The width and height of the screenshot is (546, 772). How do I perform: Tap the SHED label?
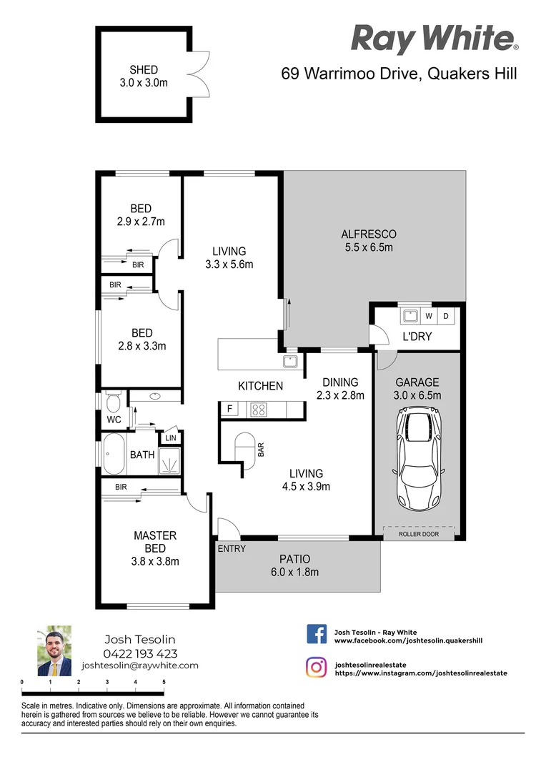tap(144, 70)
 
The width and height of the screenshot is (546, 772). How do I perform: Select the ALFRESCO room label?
tap(368, 234)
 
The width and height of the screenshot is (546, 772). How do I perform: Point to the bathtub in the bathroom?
tap(114, 454)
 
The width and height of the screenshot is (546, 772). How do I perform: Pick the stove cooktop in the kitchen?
tap(258, 410)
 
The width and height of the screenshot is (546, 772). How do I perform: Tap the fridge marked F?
tap(229, 410)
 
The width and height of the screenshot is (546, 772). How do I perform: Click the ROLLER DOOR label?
tap(418, 534)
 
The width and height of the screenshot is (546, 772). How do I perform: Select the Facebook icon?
tap(317, 634)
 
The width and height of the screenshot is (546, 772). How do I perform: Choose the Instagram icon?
tap(317, 668)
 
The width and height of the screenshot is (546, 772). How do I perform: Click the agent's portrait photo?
tap(54, 651)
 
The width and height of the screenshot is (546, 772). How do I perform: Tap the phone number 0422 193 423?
tap(140, 653)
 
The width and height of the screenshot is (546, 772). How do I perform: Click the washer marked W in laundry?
tap(429, 315)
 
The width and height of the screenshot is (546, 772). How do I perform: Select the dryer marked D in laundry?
tap(447, 315)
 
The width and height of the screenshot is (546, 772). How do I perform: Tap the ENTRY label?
tap(231, 549)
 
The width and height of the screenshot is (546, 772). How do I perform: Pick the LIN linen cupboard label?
tap(171, 438)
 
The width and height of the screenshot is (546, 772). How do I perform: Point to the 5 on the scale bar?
tap(164, 682)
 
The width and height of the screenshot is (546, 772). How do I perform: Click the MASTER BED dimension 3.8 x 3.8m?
tap(155, 561)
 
